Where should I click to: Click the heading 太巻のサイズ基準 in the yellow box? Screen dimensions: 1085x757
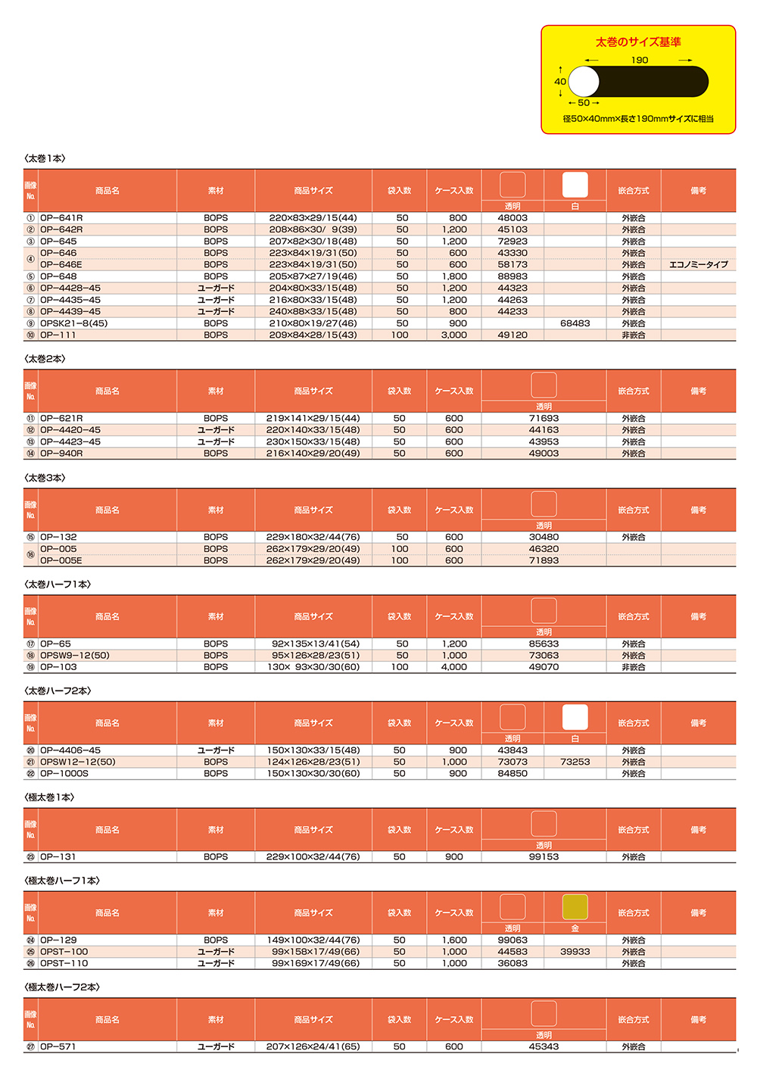(x=637, y=42)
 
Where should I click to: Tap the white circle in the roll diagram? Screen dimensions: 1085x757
(x=584, y=82)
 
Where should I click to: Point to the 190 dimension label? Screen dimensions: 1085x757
(x=640, y=61)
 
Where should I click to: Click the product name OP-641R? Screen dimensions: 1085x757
(x=61, y=218)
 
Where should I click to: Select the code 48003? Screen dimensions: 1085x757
(x=512, y=218)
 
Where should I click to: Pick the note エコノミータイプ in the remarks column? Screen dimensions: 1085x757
(x=698, y=265)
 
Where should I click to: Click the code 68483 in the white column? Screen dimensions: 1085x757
(x=575, y=323)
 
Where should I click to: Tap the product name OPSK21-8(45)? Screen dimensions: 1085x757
(x=73, y=323)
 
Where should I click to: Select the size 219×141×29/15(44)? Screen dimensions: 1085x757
(x=313, y=419)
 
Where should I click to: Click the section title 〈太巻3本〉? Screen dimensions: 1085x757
(x=45, y=478)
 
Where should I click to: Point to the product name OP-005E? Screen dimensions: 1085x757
(x=61, y=561)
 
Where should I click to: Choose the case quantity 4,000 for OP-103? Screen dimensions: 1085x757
(x=454, y=668)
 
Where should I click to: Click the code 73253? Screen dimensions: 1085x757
(x=575, y=762)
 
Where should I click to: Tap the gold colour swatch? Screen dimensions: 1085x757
(x=575, y=907)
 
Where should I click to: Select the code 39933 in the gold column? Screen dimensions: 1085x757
(x=575, y=952)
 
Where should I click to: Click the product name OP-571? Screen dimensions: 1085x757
(x=58, y=1047)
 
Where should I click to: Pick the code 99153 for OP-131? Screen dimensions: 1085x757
(x=544, y=857)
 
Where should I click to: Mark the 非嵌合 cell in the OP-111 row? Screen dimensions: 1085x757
(x=634, y=335)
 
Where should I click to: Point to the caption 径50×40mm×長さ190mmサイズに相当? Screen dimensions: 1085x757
(x=638, y=119)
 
